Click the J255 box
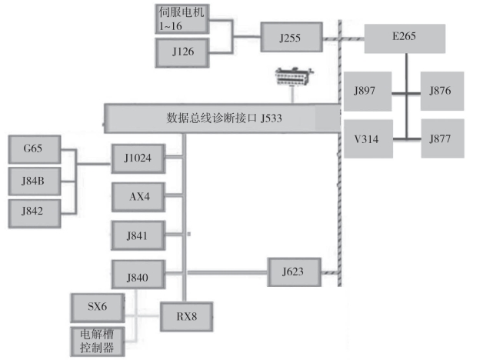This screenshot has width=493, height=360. point(290,37)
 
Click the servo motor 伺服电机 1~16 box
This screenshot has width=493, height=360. point(180,18)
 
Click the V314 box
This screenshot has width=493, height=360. point(367,139)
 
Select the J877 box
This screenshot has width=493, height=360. point(442,139)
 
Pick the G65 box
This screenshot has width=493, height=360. point(34,148)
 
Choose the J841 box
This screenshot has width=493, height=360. point(138,234)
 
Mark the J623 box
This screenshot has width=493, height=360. point(293,271)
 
